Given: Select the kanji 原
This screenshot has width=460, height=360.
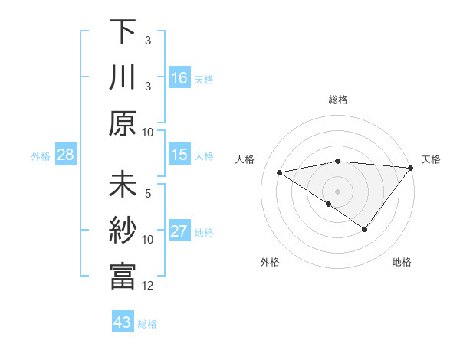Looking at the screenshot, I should pyautogui.click(x=122, y=123).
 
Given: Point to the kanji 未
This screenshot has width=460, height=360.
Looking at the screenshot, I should pyautogui.click(x=122, y=185).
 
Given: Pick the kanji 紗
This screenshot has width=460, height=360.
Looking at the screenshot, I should pyautogui.click(x=122, y=231).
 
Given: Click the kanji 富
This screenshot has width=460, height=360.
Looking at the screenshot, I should pyautogui.click(x=122, y=277).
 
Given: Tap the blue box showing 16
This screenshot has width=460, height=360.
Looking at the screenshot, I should pyautogui.click(x=179, y=78).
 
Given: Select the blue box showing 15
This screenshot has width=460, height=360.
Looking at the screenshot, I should pyautogui.click(x=179, y=155).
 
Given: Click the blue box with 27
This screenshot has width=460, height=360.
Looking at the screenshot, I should pyautogui.click(x=179, y=231).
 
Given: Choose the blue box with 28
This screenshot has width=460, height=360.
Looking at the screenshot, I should pyautogui.click(x=66, y=155).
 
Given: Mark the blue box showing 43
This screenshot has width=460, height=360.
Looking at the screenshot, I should pyautogui.click(x=123, y=322).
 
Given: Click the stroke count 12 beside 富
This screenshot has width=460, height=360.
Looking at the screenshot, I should pyautogui.click(x=149, y=286).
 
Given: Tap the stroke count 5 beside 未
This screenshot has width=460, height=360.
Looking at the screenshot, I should pyautogui.click(x=149, y=194).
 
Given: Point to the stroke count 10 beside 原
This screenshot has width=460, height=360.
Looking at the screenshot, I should pyautogui.click(x=149, y=132).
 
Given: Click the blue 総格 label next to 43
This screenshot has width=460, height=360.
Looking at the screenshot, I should pyautogui.click(x=148, y=324).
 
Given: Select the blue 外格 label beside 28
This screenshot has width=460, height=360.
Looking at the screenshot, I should pyautogui.click(x=41, y=155).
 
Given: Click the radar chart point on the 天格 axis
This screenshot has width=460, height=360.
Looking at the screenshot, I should pyautogui.click(x=411, y=168).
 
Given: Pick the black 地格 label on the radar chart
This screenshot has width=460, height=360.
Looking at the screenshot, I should pyautogui.click(x=402, y=262).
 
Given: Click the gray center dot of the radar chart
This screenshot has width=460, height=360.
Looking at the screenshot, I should pyautogui.click(x=337, y=191).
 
